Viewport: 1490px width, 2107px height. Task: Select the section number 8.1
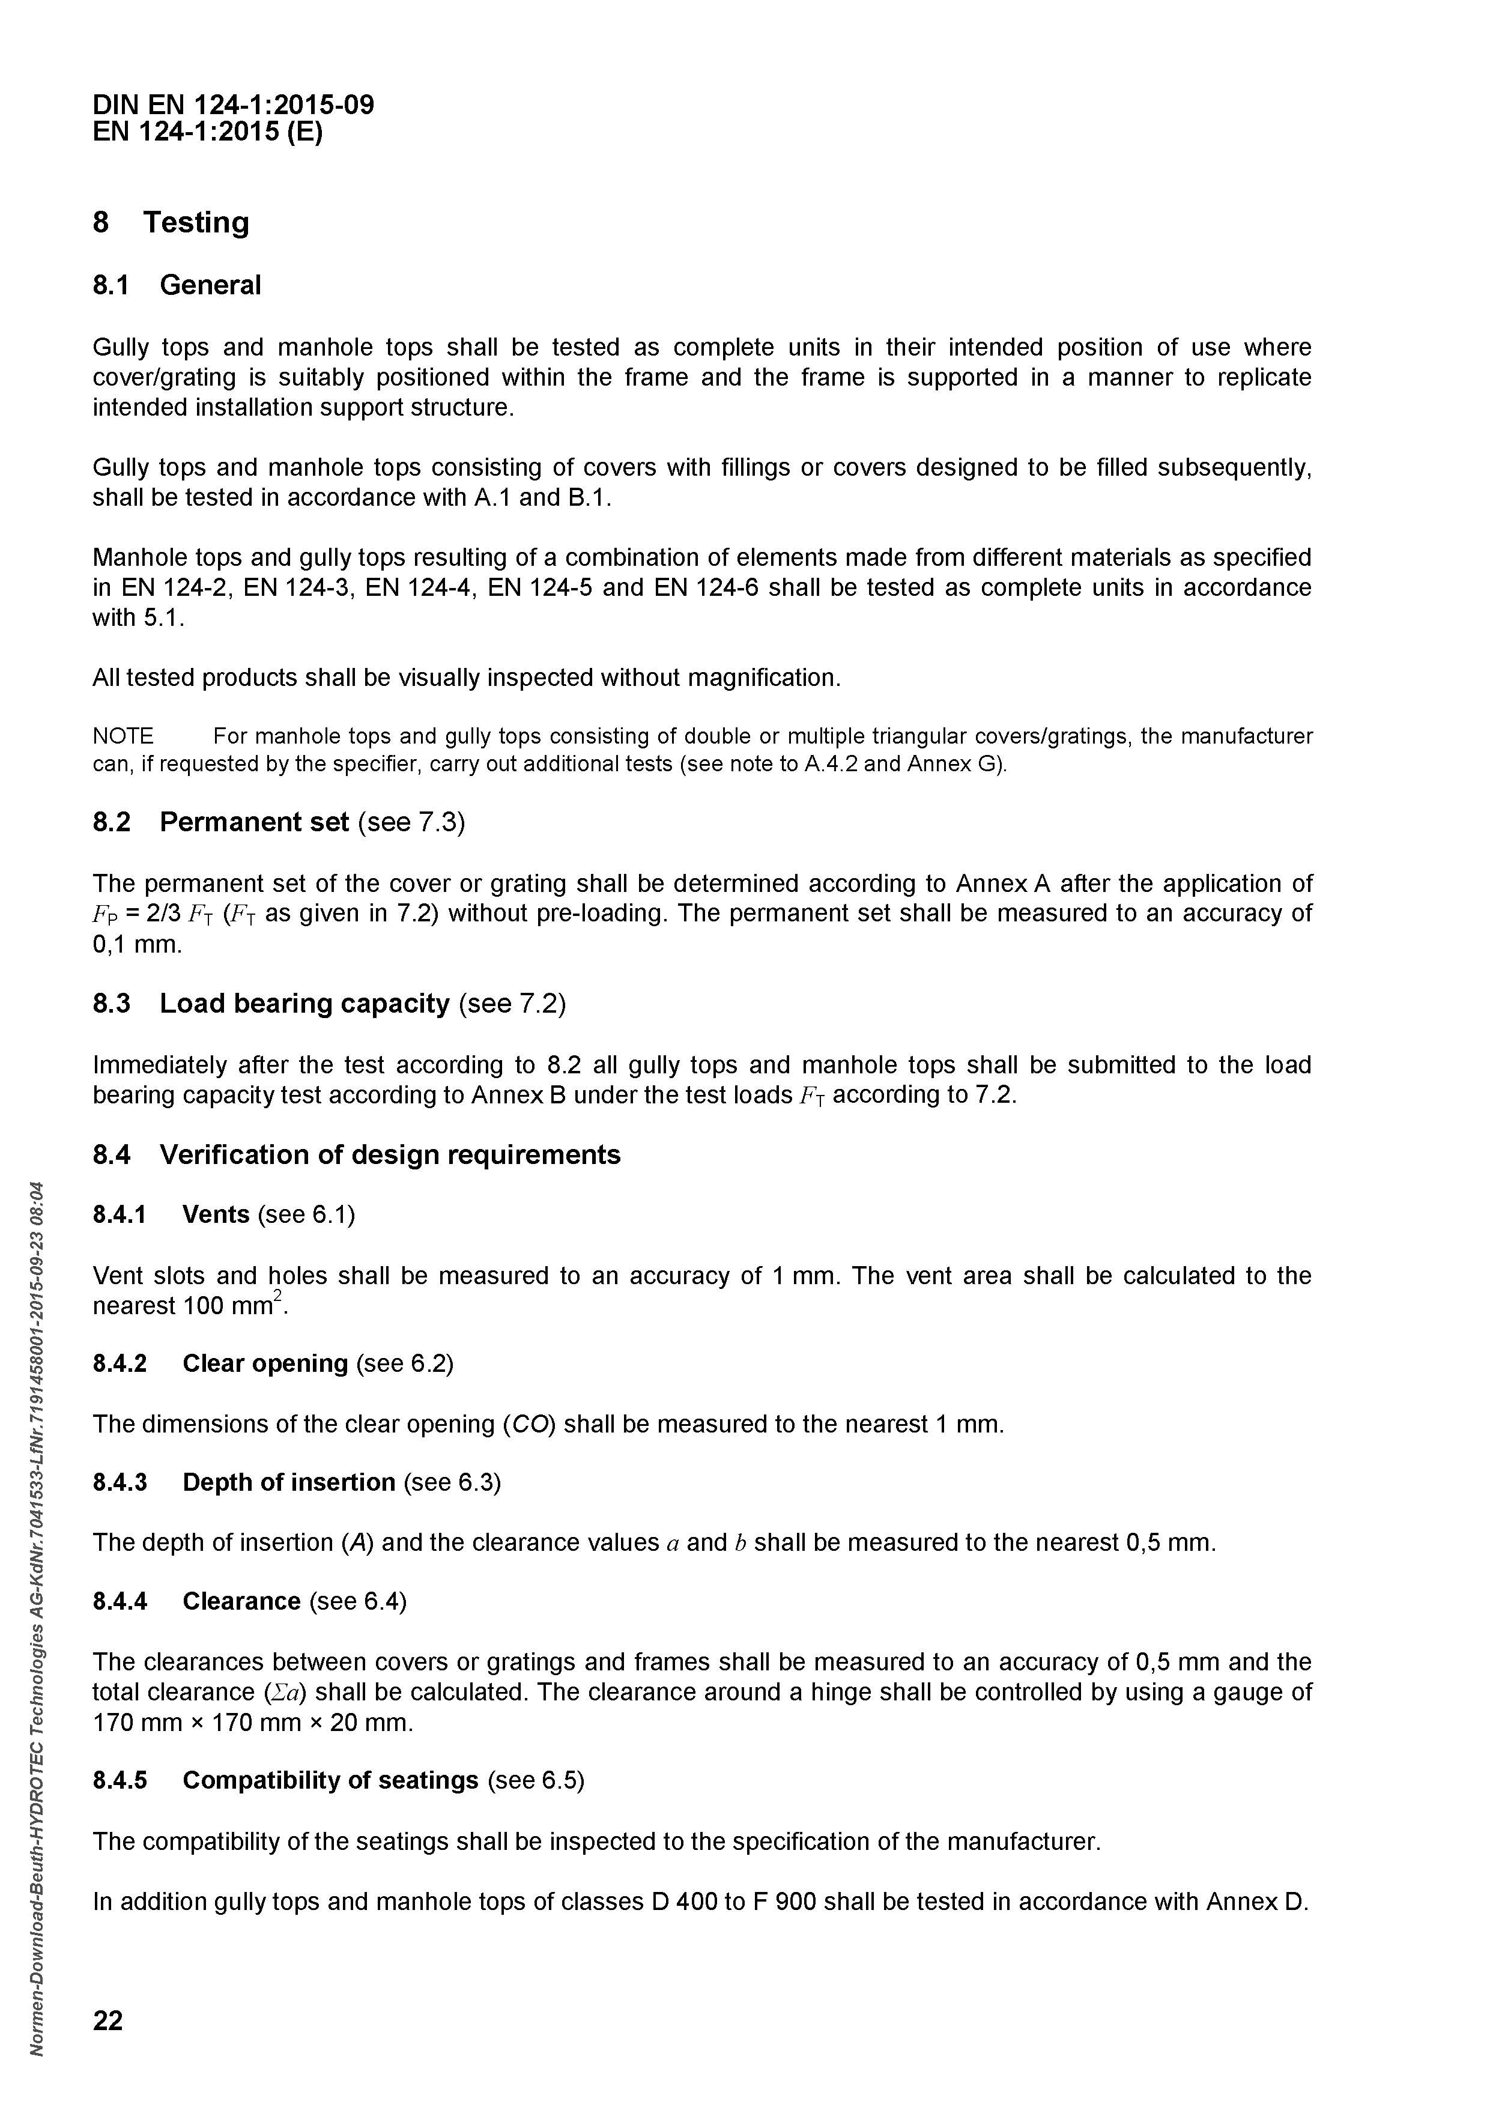(x=111, y=285)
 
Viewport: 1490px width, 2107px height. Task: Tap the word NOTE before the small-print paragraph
(x=123, y=736)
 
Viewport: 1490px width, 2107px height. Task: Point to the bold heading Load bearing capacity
(x=304, y=1003)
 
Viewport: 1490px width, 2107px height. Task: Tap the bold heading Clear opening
(x=265, y=1363)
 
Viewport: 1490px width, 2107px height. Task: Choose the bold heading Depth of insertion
(x=289, y=1482)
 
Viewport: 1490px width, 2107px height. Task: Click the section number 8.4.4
(x=120, y=1601)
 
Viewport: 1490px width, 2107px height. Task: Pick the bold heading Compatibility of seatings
(x=330, y=1780)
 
